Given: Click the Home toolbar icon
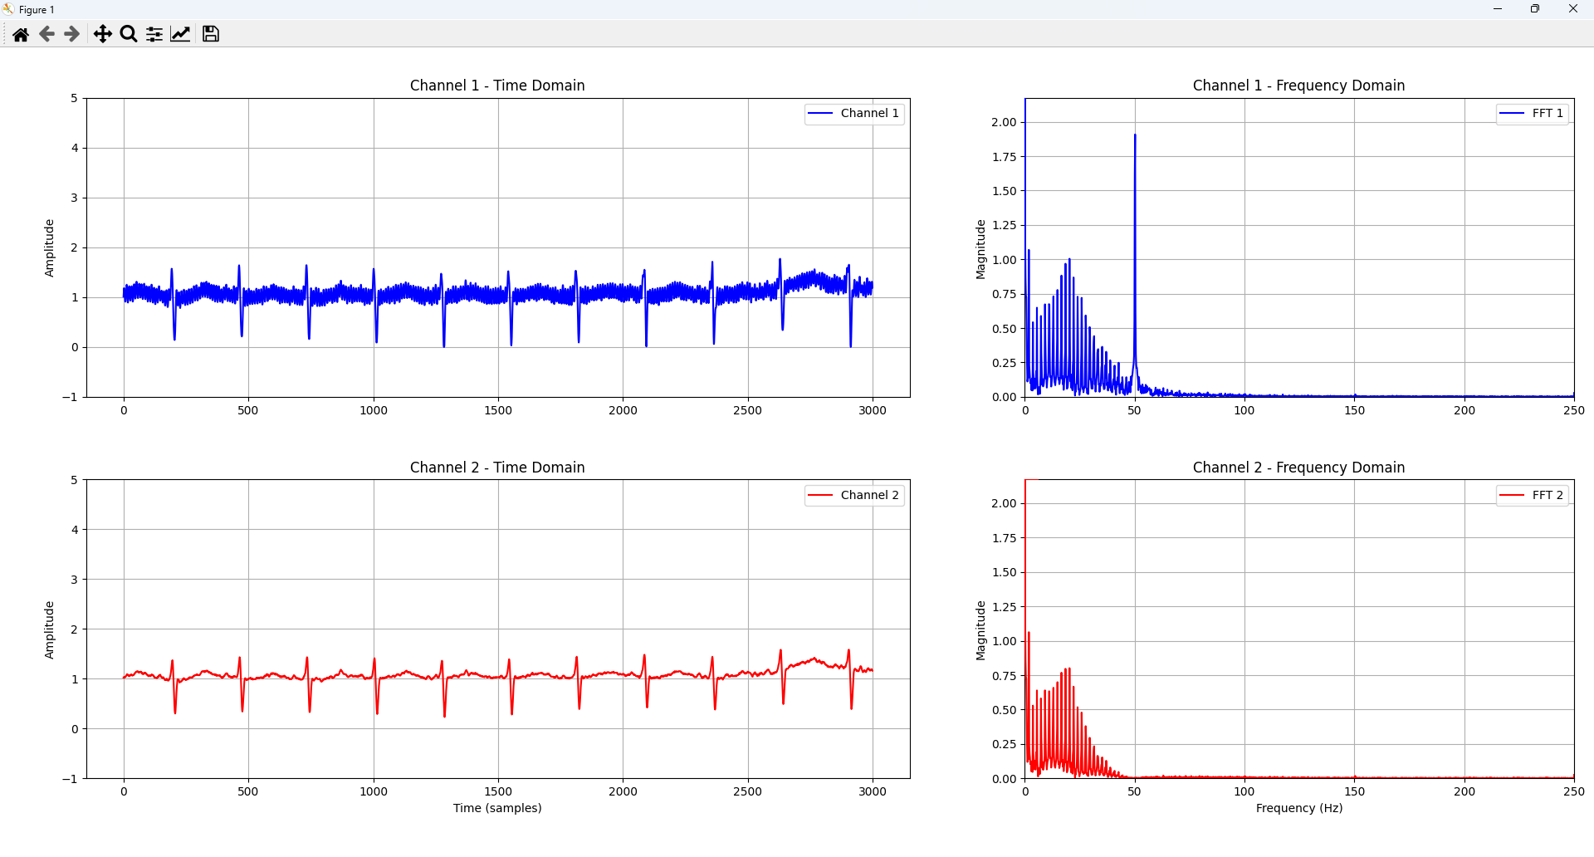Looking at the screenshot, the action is pos(21,34).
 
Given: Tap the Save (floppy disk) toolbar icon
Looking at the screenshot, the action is pos(211,34).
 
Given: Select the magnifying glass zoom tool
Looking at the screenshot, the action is pos(129,34).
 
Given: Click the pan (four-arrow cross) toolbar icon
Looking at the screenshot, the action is pos(102,34).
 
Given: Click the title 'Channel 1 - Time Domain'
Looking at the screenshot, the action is pos(497,86).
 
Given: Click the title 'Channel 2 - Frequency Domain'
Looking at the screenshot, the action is pos(1298,468).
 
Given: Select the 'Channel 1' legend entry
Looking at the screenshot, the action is pos(854,113).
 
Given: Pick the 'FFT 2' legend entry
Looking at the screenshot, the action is pos(1533,495).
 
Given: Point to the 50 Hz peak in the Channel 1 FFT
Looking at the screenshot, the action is pos(1135,135).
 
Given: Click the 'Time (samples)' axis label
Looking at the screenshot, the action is pos(497,808).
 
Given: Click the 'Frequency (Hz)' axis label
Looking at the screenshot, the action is pos(1299,808).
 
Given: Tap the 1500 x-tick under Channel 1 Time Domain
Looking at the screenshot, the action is pos(498,410).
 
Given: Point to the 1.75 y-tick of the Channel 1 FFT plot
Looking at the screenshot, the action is pos(1005,157).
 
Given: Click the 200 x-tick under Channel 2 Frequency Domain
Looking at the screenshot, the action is pos(1464,791).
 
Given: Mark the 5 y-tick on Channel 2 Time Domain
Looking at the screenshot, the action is pos(75,480).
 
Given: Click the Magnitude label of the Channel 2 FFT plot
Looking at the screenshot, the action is pos(980,630).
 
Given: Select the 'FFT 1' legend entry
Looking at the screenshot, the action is pos(1533,113).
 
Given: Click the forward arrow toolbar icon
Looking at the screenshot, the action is pos(72,34).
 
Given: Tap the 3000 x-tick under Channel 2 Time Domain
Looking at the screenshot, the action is pos(873,791).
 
